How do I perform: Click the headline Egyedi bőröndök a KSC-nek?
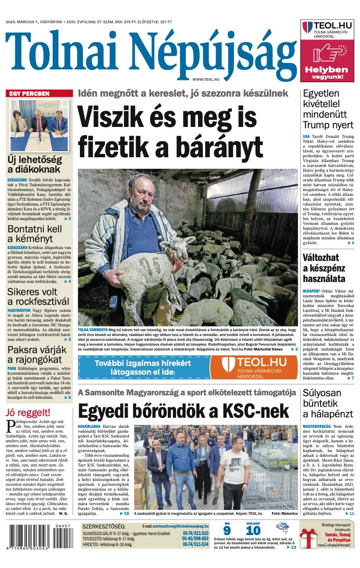point(183,411)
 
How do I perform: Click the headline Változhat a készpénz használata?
point(324,268)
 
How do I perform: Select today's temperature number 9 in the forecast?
point(227,530)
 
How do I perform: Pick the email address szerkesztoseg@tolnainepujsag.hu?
point(181,525)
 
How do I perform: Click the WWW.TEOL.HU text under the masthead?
point(206,79)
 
